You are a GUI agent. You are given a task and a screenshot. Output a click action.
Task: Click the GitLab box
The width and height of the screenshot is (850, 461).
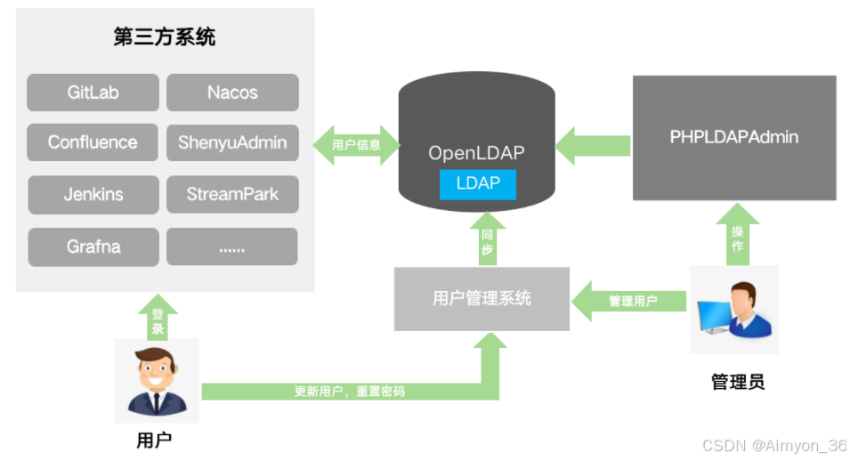click(93, 93)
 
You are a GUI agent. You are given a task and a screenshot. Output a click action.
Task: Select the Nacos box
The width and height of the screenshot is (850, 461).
click(232, 93)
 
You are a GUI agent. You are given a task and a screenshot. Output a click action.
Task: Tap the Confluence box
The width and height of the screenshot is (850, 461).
click(93, 142)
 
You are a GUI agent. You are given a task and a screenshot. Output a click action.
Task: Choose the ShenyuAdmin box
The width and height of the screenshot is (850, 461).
click(232, 142)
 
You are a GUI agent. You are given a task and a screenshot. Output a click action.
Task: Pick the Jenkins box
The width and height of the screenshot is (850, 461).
click(93, 195)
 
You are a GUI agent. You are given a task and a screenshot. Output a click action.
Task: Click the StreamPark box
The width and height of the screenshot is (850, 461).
click(232, 194)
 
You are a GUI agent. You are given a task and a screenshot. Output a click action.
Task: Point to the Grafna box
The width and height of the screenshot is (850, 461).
click(93, 247)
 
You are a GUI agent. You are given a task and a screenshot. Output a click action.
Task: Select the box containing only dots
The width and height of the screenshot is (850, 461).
click(232, 247)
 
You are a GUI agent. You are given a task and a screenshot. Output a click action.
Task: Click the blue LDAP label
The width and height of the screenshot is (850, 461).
click(478, 184)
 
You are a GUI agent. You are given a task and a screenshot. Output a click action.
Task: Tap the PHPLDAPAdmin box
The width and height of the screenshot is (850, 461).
click(734, 138)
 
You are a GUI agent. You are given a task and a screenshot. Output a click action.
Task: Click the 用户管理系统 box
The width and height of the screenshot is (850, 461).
click(482, 299)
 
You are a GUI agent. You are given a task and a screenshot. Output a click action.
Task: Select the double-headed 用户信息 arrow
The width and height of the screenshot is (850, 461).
click(357, 145)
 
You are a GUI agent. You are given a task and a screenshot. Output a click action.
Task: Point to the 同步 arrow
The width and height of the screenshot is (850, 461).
click(488, 239)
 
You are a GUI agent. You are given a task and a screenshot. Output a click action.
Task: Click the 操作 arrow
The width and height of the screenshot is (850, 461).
click(737, 234)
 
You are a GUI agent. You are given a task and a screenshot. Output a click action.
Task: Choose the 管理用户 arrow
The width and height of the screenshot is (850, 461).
click(629, 301)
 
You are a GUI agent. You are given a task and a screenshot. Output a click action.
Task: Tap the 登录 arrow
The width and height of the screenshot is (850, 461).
click(158, 318)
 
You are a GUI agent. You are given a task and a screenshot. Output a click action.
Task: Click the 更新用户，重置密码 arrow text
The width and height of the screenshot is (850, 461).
click(350, 392)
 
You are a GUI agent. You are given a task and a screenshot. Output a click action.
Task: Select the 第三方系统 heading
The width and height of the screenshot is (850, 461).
click(165, 36)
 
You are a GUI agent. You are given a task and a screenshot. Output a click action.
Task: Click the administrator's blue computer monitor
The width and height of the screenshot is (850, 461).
click(715, 316)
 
